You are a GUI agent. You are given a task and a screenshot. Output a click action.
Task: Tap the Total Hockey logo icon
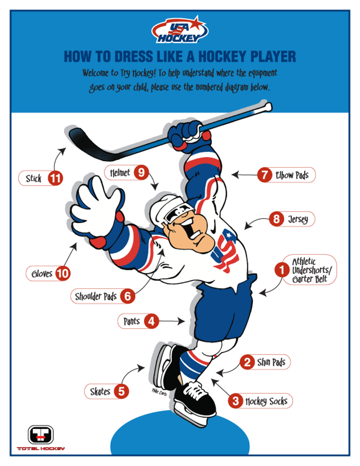pos(41,434)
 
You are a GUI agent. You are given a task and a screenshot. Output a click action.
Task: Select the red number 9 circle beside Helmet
pos(141,172)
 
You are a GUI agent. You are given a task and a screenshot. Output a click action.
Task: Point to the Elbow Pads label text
pos(292,175)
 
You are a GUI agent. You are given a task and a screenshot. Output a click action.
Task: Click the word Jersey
pos(298,219)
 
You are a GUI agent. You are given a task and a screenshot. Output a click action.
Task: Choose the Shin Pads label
pos(271,362)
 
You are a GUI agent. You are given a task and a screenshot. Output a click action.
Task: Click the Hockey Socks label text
pos(266,401)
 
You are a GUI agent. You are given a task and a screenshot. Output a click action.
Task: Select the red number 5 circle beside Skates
pos(121,391)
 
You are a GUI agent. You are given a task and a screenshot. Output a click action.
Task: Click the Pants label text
pos(132,321)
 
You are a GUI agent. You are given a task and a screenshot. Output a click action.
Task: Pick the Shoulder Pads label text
pos(96,296)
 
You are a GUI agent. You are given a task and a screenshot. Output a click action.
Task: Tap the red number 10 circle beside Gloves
pos(63,274)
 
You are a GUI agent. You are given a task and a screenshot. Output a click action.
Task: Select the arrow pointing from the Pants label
pos(172,321)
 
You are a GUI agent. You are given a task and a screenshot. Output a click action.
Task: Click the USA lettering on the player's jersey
pos(225,253)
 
